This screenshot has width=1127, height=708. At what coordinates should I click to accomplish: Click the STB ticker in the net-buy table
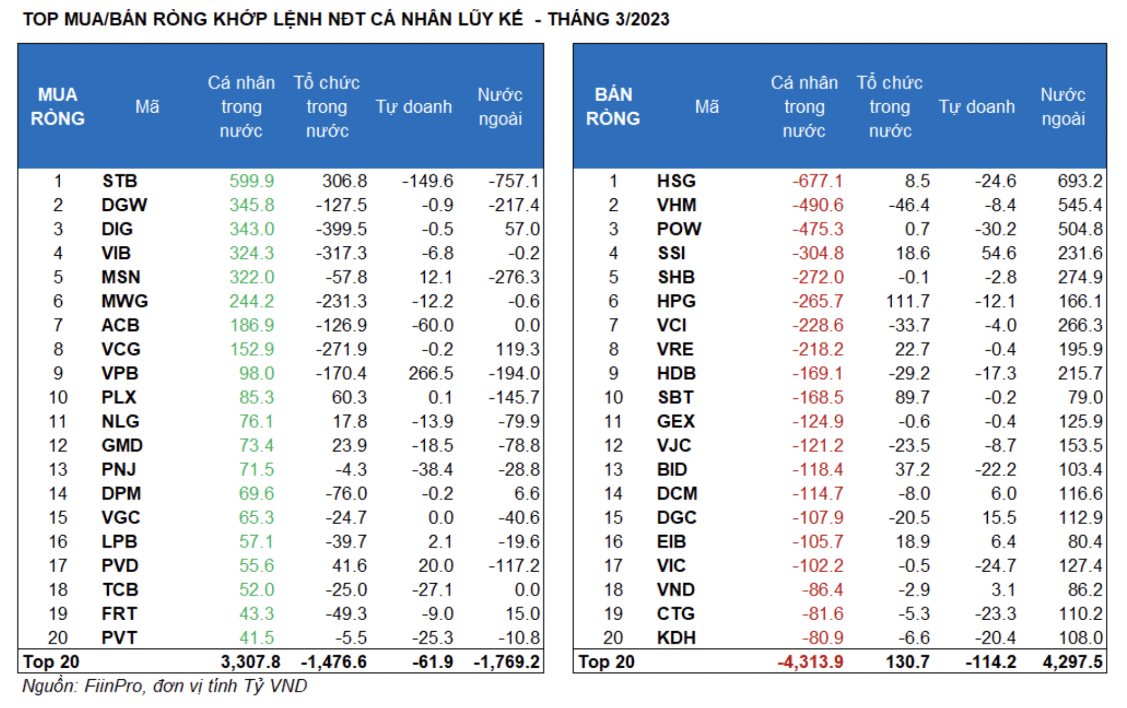coord(119,181)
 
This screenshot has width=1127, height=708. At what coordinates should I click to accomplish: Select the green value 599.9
coord(251,181)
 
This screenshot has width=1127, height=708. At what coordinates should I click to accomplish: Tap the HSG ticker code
coord(676,181)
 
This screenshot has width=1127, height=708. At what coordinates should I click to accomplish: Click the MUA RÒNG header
coord(57,107)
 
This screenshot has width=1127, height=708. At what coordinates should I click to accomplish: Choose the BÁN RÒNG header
coord(613,107)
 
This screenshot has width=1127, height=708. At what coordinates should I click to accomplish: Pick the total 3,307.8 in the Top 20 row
coord(250,662)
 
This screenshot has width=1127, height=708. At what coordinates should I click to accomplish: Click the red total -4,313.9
coord(810,662)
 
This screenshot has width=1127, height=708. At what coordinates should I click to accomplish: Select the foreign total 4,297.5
coord(1072,662)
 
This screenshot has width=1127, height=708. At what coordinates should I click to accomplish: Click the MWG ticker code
coord(124,302)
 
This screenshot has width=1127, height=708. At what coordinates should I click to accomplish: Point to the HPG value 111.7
coord(908,302)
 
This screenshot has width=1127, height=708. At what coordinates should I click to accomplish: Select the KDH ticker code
coord(676,638)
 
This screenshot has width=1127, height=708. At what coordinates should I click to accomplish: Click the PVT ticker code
coord(119,638)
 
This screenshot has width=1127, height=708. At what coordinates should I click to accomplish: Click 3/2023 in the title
coord(642,19)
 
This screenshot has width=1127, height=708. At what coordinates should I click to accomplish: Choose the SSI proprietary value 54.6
coord(998,253)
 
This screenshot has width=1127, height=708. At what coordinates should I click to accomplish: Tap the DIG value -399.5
coord(341,229)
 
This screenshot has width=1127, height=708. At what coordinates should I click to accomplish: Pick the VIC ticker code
coord(671,566)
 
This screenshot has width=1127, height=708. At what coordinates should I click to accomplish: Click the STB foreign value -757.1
coord(513,181)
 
